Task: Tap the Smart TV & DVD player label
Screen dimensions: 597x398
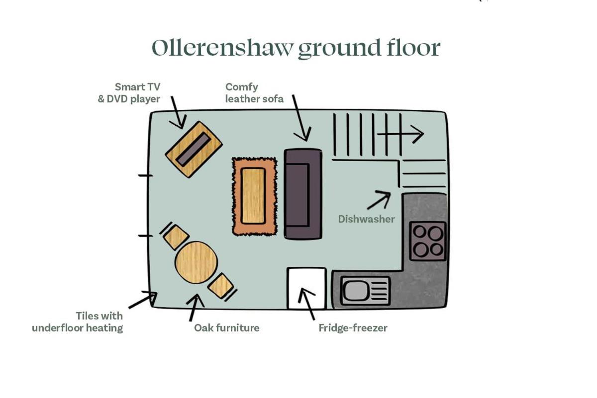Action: [129, 92]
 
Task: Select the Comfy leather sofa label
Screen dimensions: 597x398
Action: [254, 92]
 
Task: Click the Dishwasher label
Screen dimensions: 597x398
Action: [367, 219]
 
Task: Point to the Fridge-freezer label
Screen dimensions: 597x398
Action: [353, 328]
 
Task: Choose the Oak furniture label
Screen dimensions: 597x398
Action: [226, 328]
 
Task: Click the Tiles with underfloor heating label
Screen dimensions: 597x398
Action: [77, 322]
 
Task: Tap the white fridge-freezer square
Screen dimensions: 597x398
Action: [307, 288]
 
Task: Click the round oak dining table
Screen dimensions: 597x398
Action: [197, 262]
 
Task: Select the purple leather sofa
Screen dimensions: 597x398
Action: [303, 194]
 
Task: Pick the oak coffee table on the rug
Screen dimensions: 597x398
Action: [253, 196]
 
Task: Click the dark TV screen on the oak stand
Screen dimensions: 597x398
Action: [194, 149]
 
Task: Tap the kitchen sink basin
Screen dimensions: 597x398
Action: [356, 291]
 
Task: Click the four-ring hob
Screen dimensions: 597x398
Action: [428, 241]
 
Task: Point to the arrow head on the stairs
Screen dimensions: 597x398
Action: [418, 134]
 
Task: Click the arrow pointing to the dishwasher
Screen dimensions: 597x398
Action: [379, 200]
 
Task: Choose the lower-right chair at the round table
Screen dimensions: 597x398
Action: [221, 286]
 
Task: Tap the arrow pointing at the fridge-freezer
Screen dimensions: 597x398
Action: [306, 304]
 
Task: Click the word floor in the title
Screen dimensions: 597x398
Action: [413, 48]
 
